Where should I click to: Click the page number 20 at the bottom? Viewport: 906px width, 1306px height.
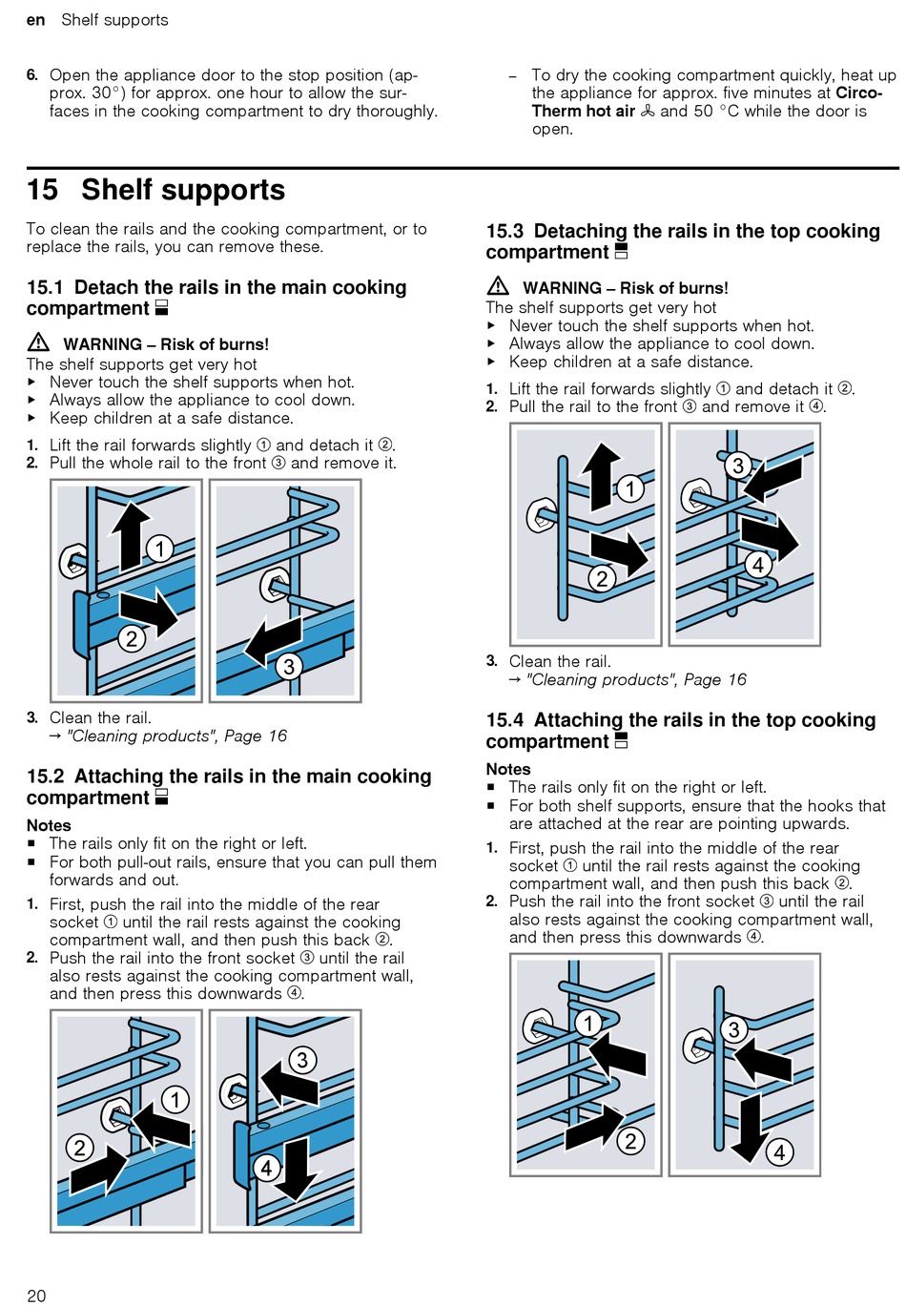[36, 1295]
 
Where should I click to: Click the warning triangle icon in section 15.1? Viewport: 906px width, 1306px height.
[38, 342]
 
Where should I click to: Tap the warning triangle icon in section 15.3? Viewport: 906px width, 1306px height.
[498, 286]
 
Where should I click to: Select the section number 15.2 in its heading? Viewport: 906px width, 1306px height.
[45, 777]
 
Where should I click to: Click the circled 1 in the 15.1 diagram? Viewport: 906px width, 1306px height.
[159, 549]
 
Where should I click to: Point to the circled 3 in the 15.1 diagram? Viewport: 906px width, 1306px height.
[288, 666]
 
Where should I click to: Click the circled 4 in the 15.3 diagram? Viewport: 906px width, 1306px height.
[758, 565]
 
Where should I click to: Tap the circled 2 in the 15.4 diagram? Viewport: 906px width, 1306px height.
[630, 1140]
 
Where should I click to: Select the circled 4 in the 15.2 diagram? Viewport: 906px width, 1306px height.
[267, 1168]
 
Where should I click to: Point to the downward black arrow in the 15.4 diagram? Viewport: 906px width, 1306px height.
[752, 1126]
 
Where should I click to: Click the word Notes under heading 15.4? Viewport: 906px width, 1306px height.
[508, 769]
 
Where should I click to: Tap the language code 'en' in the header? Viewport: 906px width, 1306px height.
[36, 20]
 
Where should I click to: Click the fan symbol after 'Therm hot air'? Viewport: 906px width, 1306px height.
[648, 111]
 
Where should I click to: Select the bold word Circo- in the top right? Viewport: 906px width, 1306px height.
[858, 93]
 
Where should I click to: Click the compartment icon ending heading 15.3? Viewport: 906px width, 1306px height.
[622, 252]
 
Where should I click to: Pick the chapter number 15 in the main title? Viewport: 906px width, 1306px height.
[43, 190]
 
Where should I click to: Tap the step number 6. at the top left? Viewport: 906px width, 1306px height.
[32, 74]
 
